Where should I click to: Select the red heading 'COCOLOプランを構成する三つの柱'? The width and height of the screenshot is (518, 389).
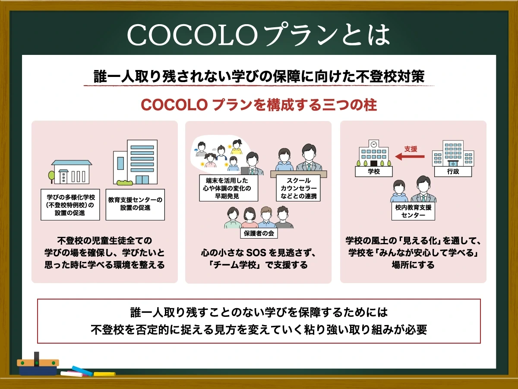[259, 105]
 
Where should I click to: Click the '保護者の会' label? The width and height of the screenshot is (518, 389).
[259, 233]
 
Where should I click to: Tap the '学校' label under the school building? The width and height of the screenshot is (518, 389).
[373, 172]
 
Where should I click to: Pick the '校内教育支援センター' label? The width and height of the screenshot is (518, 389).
[413, 211]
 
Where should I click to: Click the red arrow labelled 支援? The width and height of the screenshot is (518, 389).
[410, 157]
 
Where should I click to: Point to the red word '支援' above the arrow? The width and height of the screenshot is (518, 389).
[411, 149]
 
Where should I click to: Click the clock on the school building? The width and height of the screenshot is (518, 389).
[373, 144]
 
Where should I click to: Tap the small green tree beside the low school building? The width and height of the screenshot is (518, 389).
[52, 176]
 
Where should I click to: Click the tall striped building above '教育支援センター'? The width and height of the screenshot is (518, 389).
[135, 162]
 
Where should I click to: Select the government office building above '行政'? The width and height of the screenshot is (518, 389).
[453, 154]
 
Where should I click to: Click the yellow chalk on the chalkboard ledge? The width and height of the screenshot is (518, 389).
[104, 374]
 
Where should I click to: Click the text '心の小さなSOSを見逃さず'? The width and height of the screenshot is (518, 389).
[259, 252]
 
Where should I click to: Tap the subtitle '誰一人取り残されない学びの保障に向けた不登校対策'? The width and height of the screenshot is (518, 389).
[259, 76]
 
